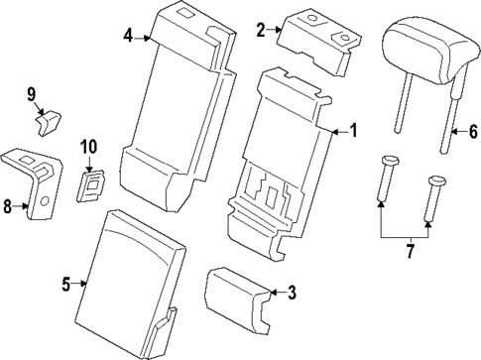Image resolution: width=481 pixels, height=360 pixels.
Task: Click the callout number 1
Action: (354, 131)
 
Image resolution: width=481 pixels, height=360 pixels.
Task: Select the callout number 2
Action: (261, 30)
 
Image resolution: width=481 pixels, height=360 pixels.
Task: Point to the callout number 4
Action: (128, 37)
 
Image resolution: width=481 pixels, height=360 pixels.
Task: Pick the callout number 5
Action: (66, 286)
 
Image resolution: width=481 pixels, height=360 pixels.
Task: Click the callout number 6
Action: (473, 131)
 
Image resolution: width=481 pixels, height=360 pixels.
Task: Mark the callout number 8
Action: (8, 206)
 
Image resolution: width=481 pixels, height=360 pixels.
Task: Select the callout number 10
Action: (88, 148)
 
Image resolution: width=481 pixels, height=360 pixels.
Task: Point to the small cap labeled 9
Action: (48, 121)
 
